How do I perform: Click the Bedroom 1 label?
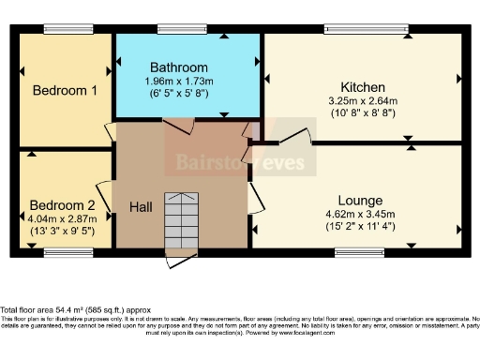tap(66, 91)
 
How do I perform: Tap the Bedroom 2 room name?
tap(62, 206)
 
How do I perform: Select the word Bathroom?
tap(179, 68)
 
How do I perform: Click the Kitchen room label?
tap(364, 86)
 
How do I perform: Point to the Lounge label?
tap(361, 201)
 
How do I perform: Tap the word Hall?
tap(140, 206)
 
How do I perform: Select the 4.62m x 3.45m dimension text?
tap(361, 213)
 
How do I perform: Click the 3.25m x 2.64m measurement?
tap(364, 100)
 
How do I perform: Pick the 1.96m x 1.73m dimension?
tap(179, 82)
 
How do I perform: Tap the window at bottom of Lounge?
tap(360, 251)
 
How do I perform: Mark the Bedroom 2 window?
tap(62, 251)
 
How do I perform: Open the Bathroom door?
tap(179, 125)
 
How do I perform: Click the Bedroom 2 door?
tap(104, 191)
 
